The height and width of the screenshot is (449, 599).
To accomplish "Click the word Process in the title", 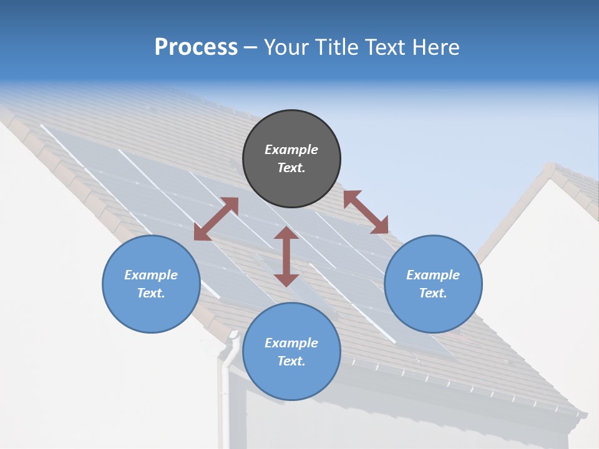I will click(x=196, y=47).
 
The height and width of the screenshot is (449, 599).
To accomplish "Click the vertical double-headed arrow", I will click(x=286, y=257).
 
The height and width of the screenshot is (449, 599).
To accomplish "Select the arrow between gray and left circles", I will click(x=216, y=219).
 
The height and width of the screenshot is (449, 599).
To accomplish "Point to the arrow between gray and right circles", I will click(x=366, y=213).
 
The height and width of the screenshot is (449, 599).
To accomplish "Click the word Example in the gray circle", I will click(x=291, y=150).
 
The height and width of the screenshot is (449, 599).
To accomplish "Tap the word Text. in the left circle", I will click(x=151, y=293).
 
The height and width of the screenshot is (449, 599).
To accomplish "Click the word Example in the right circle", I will click(x=433, y=275).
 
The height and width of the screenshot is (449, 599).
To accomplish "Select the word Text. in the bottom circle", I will click(x=291, y=361).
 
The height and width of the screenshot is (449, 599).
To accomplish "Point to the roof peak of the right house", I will click(x=549, y=168).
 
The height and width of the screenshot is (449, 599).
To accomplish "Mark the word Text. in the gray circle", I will click(x=291, y=168).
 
